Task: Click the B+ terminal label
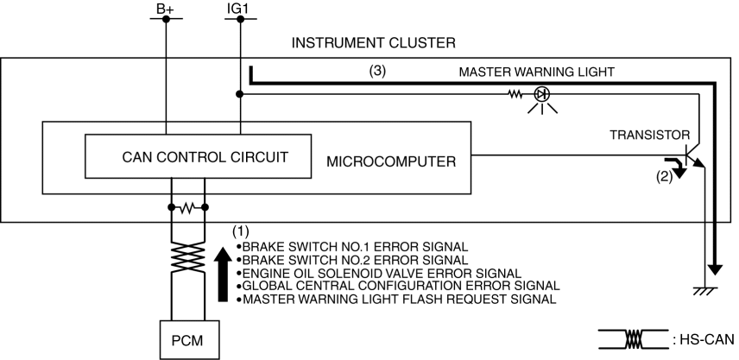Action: pos(161,9)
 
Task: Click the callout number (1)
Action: pos(243,232)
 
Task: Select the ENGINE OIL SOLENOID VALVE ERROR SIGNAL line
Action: pos(382,273)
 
